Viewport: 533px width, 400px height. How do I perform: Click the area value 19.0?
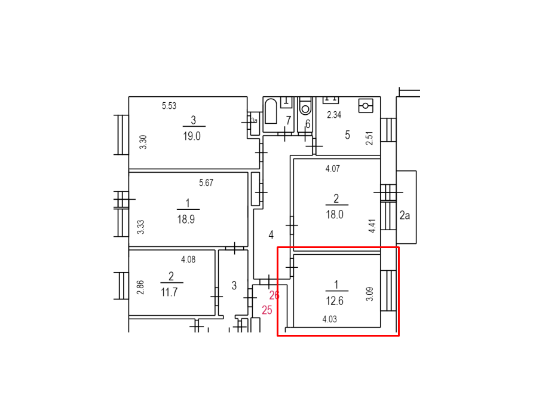[192, 136]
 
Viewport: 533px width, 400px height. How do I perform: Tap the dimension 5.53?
[169, 106]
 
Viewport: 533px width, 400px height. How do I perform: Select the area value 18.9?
[186, 219]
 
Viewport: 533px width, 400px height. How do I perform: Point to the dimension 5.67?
[206, 183]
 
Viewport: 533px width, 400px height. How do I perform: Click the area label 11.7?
[169, 292]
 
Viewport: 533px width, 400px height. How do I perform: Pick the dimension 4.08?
[188, 260]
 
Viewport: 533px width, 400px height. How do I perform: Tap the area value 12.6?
[335, 301]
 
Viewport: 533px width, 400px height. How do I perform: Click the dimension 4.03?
[329, 319]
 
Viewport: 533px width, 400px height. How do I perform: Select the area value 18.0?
[335, 215]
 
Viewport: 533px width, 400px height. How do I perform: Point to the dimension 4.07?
[332, 169]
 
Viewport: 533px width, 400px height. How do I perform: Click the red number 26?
[274, 295]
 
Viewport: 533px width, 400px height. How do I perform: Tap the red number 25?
[267, 310]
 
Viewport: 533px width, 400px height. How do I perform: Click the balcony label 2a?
[405, 215]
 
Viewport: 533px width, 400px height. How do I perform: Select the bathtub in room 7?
[271, 111]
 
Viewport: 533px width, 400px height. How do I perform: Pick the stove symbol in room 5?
[366, 106]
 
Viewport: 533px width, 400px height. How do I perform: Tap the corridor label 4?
[271, 235]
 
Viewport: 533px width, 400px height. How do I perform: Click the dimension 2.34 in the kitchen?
[334, 115]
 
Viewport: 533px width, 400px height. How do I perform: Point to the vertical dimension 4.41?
[372, 226]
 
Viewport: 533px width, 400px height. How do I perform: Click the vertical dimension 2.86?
[140, 288]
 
